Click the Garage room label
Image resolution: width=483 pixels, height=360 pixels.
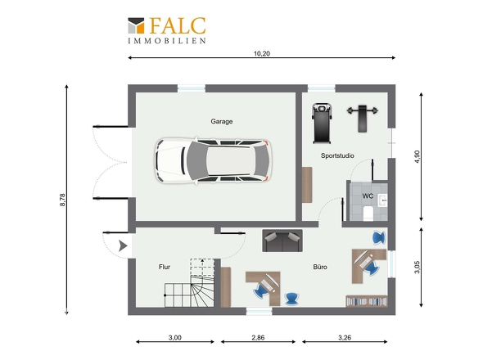coord(222,121)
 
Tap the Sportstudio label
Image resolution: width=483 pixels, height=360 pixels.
coord(337,155)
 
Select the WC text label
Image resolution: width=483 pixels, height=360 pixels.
coord(368,196)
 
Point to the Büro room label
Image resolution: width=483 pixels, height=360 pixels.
coord(320,267)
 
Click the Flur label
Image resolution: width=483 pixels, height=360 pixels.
coord(165,267)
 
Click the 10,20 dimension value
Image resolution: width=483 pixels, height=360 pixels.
coord(262,53)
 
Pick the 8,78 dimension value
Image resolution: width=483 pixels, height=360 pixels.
coord(62,200)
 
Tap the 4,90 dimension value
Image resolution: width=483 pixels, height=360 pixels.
coord(417,156)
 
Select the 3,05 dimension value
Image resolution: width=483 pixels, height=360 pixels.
coord(417,267)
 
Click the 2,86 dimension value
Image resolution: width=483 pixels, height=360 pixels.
coord(258,338)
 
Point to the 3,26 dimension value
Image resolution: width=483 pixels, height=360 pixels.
coord(345,338)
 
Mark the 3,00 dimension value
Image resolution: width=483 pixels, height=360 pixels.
coord(175,338)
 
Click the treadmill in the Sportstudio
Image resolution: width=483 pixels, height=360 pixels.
coord(323,124)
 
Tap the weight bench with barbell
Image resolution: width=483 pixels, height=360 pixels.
coord(362,118)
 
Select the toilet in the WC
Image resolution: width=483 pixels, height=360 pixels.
coord(368,214)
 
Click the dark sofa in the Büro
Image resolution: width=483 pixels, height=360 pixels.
coord(282,241)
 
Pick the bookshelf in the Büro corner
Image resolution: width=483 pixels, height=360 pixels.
coord(367,301)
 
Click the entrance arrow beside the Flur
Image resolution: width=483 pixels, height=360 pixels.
coord(123,245)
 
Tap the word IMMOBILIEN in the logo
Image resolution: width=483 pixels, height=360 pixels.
coord(167,41)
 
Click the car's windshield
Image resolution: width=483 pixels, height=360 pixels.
coord(194,160)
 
